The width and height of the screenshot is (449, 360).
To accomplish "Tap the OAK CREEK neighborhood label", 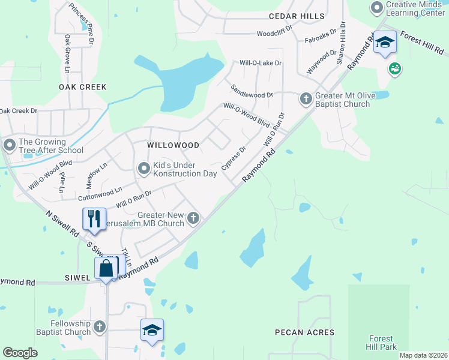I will tap(83, 87).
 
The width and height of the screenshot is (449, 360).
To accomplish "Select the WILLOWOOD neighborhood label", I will tap(173, 145).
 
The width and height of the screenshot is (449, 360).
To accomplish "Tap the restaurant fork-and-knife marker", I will tap(94, 218).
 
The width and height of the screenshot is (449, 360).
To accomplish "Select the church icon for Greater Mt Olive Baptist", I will tap(306, 98).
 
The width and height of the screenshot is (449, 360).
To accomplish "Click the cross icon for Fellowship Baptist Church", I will tap(100, 328).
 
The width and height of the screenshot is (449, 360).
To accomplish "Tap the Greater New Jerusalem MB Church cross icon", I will tap(193, 218).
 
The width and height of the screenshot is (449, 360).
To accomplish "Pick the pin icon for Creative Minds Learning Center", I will tap(377, 8).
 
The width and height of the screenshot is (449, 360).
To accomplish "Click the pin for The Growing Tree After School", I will tap(10, 145).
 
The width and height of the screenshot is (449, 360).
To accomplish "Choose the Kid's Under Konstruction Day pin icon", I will tap(144, 169).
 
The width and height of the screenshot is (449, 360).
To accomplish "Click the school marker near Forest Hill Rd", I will tap(385, 43).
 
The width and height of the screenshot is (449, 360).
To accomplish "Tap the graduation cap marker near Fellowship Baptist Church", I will tap(152, 330).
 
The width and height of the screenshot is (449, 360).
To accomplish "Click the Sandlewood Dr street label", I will tap(252, 91).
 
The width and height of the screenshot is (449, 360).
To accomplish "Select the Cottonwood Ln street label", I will tap(100, 193).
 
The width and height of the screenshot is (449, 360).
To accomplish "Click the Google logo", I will tap(20, 353).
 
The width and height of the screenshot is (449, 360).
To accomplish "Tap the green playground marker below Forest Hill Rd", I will tap(394, 69).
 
